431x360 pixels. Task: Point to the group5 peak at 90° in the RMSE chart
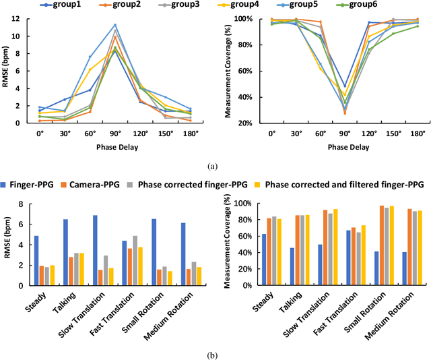(115, 25)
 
